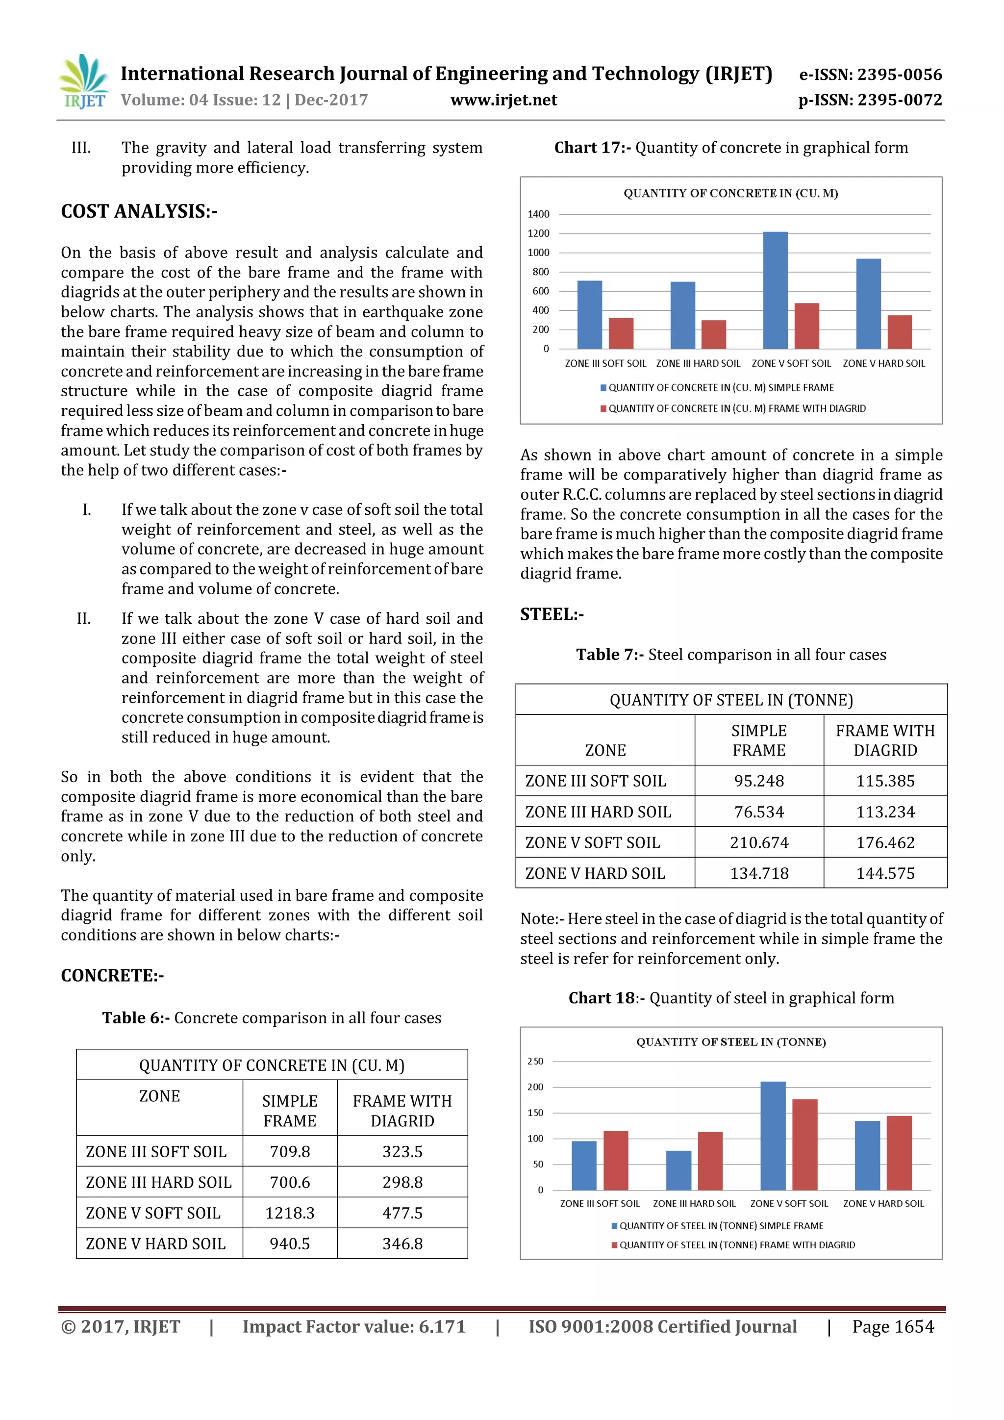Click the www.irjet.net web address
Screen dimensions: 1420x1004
pos(503,100)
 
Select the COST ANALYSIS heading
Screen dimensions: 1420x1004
pos(139,211)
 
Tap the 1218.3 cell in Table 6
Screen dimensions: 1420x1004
pos(289,1213)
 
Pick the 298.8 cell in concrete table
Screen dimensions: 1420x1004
pos(402,1182)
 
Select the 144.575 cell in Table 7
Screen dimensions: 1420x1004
pos(885,873)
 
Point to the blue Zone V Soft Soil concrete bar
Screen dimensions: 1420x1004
pos(775,291)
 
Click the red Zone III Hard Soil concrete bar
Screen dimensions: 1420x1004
pos(713,334)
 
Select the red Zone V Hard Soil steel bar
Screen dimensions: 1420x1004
pos(899,1153)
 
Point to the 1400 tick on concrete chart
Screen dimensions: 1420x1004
pos(538,214)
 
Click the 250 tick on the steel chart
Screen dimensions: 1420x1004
pos(535,1061)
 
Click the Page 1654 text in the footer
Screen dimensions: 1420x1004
pos(893,1327)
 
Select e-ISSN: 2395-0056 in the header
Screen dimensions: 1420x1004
pos(870,75)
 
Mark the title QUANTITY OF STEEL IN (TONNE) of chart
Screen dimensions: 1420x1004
pos(731,1042)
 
